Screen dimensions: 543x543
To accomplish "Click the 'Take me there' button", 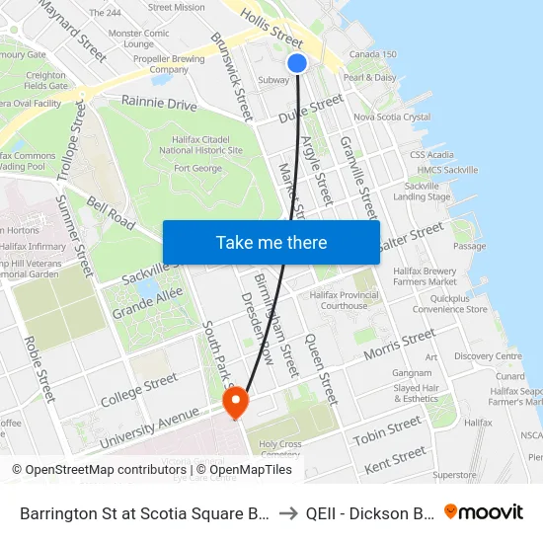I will point(271,242).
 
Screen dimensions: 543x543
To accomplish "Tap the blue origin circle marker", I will point(297,63).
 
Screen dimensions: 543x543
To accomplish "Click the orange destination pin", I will point(236,402).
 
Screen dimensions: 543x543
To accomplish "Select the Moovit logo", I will point(484,511).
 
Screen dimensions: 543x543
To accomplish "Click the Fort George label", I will point(196,168).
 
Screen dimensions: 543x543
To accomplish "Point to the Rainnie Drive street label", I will point(158,102).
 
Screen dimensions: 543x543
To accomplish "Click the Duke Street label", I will point(310,108).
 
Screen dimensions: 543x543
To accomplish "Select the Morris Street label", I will point(399,346).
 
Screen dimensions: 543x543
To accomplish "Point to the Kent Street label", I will point(395,458).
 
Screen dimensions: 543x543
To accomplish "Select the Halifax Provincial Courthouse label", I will point(344,300).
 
